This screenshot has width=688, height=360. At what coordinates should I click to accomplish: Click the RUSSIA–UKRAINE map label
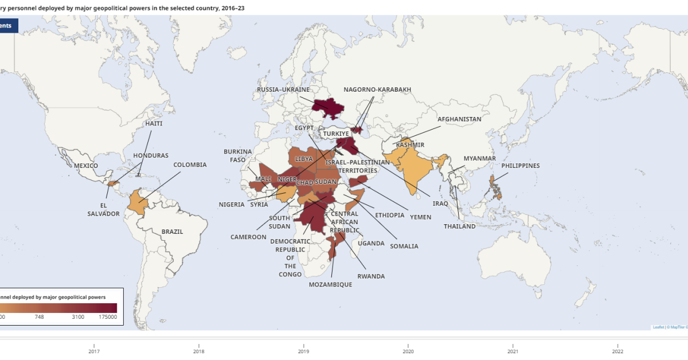click(x=283, y=89)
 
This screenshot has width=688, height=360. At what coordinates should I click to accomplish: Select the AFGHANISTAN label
click(x=459, y=119)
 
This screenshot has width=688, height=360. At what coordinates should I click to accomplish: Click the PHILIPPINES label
click(x=521, y=166)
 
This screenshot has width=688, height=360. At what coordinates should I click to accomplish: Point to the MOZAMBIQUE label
click(x=330, y=284)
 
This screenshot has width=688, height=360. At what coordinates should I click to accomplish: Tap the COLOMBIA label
click(x=190, y=165)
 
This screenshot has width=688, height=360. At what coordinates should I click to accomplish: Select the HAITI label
click(x=154, y=123)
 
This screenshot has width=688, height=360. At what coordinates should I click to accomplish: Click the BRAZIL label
click(x=172, y=232)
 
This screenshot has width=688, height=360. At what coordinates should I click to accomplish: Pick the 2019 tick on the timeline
click(x=304, y=352)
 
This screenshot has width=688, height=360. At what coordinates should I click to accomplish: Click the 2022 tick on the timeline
click(x=618, y=352)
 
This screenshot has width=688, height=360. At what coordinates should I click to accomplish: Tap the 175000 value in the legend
click(x=108, y=317)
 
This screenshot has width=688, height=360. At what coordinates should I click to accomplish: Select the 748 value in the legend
click(x=39, y=317)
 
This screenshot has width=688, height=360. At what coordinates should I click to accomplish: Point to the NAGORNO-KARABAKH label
click(x=377, y=89)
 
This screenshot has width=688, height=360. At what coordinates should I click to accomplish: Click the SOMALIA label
click(x=404, y=246)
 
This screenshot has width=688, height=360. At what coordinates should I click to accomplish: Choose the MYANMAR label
click(x=479, y=158)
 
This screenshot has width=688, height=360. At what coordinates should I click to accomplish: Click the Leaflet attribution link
click(x=658, y=327)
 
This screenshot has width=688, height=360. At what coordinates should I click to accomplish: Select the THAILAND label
click(x=459, y=226)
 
